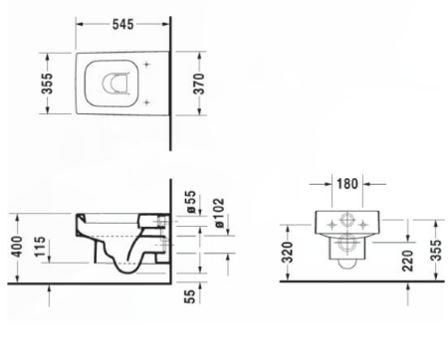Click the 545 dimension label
(122, 24)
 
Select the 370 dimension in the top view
(199, 84)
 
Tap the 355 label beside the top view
(47, 84)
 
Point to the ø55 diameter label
(191, 202)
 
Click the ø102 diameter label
(219, 213)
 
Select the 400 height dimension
(17, 247)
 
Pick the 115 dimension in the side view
(40, 247)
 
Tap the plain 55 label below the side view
(189, 296)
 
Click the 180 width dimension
(347, 184)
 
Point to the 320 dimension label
(288, 252)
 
